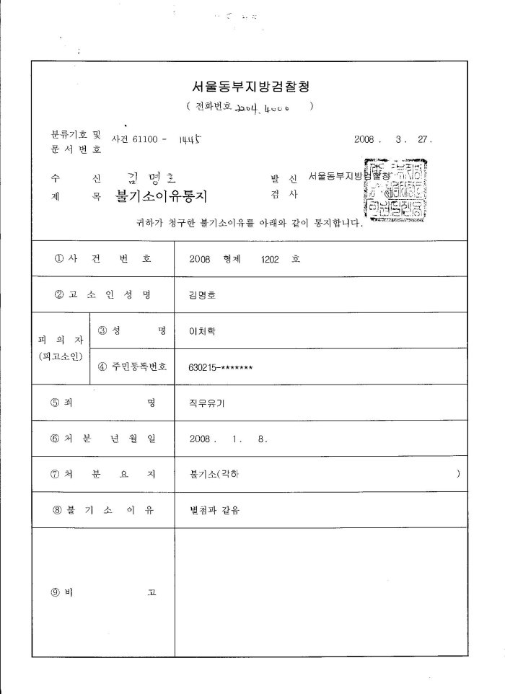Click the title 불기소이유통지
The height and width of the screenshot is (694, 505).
pos(160,196)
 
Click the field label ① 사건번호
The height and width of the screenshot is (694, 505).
pos(102,260)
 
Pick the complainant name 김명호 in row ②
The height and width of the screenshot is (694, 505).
pos(201,295)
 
